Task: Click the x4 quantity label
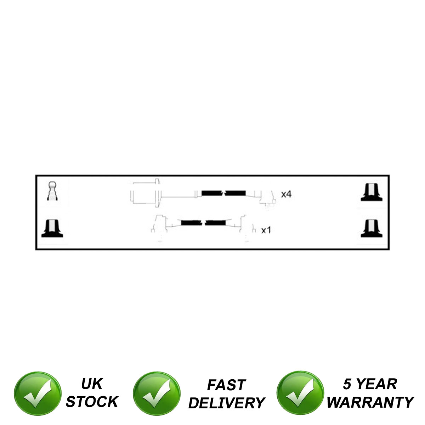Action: pyautogui.click(x=286, y=194)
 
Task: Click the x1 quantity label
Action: pyautogui.click(x=266, y=231)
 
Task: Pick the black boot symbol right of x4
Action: pyautogui.click(x=372, y=193)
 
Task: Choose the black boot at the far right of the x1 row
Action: pyautogui.click(x=372, y=228)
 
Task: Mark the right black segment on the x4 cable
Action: pyautogui.click(x=235, y=193)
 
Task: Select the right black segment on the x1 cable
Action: pyautogui.click(x=215, y=223)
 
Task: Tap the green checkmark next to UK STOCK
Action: pyautogui.click(x=37, y=394)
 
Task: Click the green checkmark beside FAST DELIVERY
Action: pyautogui.click(x=157, y=394)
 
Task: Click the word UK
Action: pyautogui.click(x=92, y=384)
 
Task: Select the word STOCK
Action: pyautogui.click(x=92, y=402)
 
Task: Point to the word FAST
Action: pyautogui.click(x=226, y=385)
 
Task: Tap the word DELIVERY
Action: pyautogui.click(x=226, y=403)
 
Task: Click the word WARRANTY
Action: pyautogui.click(x=370, y=402)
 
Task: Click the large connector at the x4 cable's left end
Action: pyautogui.click(x=145, y=194)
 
